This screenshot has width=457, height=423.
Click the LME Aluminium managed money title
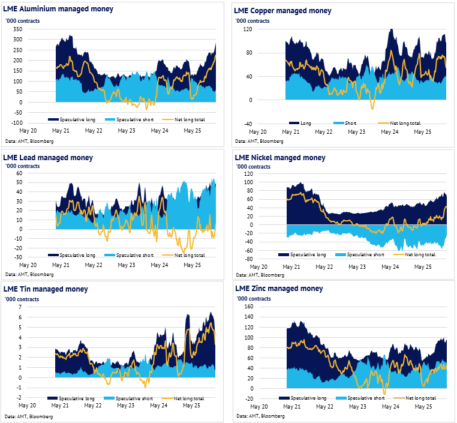58,10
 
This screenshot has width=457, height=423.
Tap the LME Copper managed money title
282,11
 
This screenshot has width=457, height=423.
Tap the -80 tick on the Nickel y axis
246,259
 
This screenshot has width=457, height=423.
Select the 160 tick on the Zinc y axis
246,307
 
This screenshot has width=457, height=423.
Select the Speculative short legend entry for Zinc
365,398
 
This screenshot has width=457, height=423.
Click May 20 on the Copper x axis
258,131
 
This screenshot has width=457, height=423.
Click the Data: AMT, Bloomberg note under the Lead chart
29,274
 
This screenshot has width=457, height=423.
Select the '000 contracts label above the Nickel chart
253,166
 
